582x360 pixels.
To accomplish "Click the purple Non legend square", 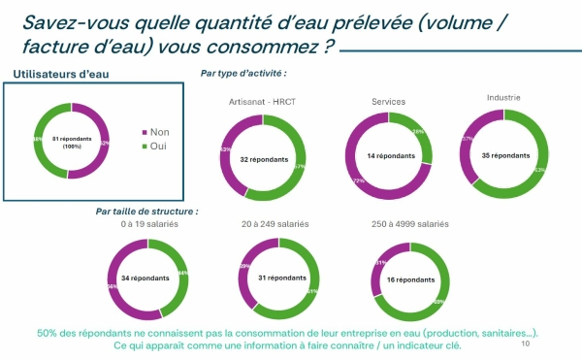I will tap(146, 132).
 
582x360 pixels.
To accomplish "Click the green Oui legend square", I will tap(146, 146).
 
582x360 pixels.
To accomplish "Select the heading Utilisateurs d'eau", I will tap(54, 75).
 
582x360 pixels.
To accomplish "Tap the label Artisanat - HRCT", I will tap(260, 102).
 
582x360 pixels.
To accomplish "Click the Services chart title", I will tap(389, 101).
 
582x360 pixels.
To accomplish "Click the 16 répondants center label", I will tap(410, 279).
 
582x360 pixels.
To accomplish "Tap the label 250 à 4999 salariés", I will tap(410, 224).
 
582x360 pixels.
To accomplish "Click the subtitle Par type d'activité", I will tap(242, 73).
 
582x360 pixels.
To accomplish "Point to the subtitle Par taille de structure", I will tap(146, 211).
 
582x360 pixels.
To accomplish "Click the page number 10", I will tap(526, 343).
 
